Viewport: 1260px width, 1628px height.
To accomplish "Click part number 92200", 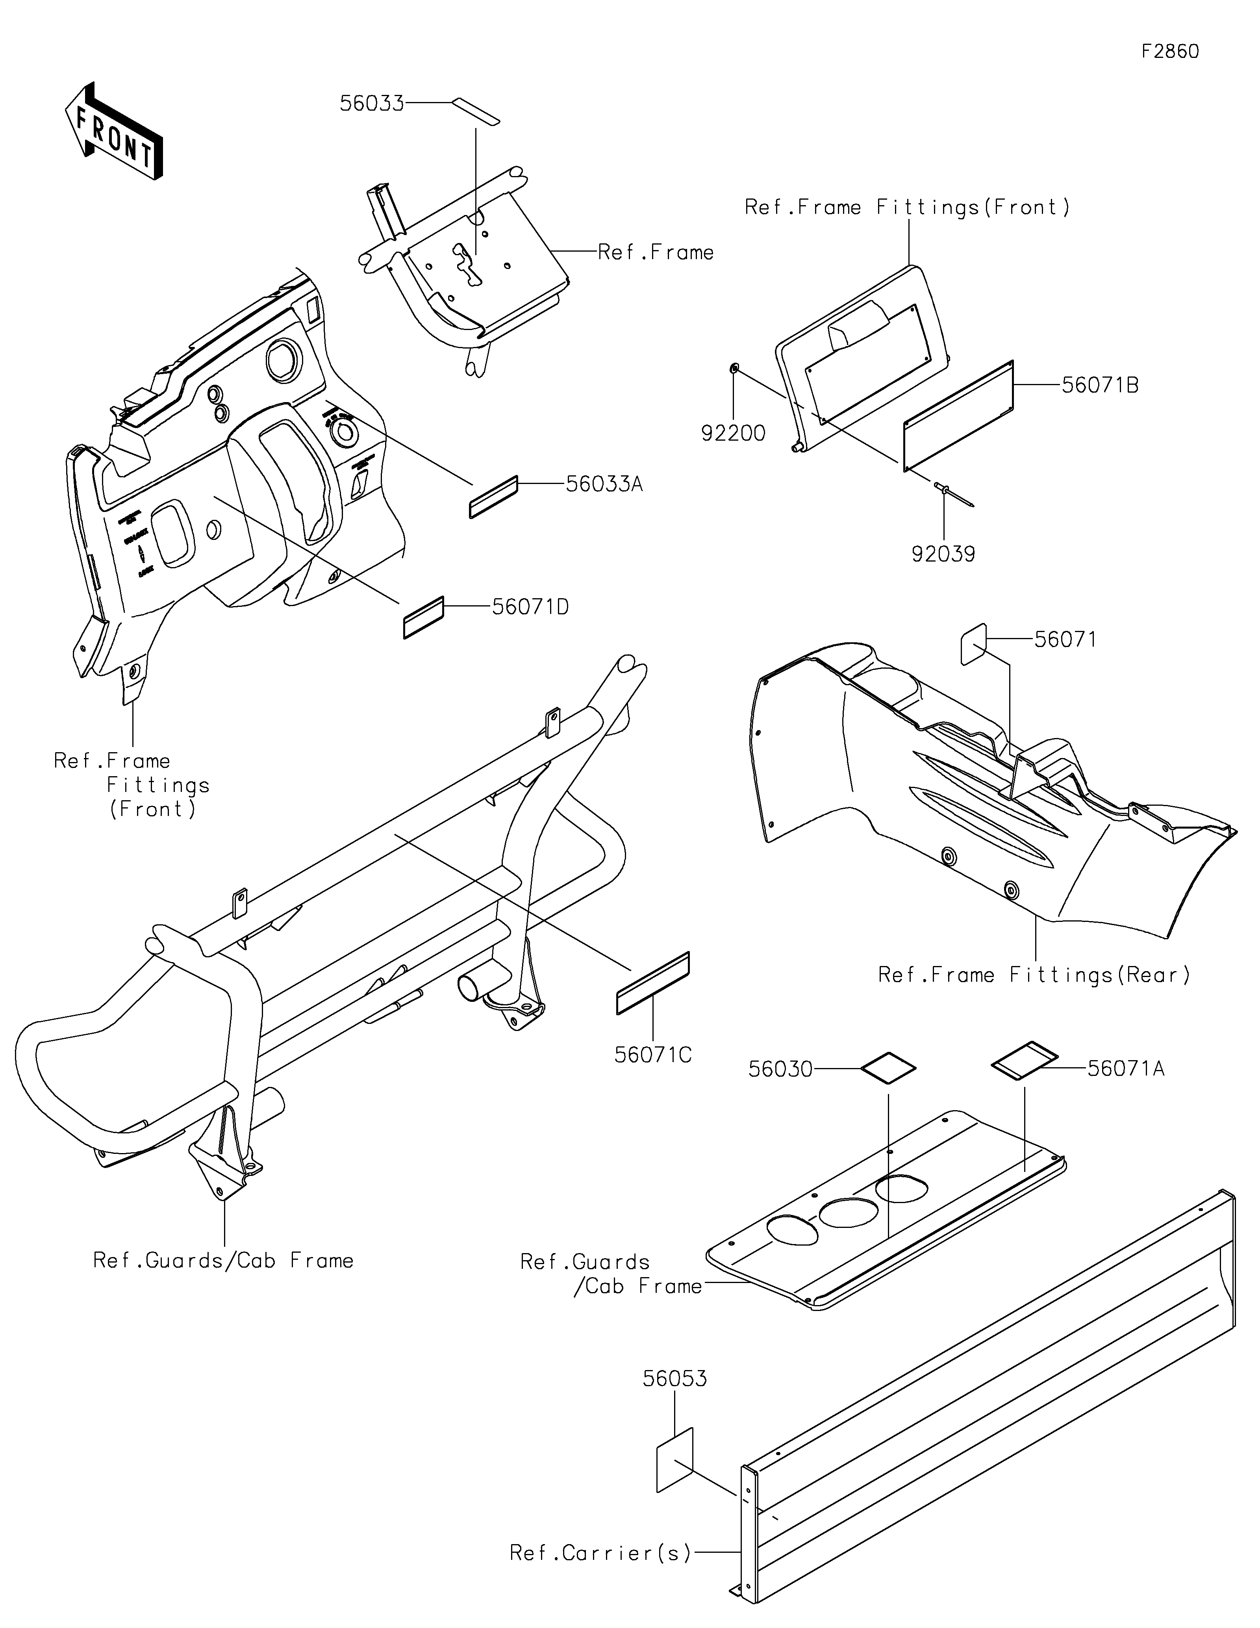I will (x=733, y=433).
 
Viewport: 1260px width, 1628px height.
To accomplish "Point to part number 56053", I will (x=674, y=1379).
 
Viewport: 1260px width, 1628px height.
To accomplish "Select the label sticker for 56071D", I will (x=423, y=617).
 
